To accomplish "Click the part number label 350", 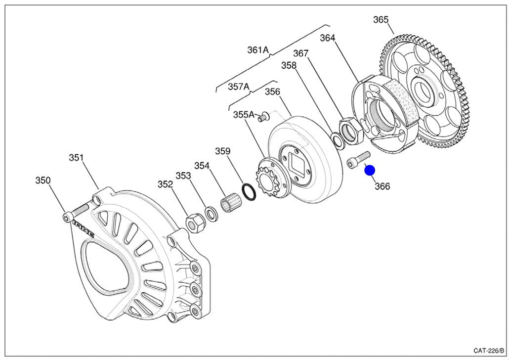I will coord(42,180).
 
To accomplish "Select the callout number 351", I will coord(76,158).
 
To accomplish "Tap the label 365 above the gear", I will coord(381,20).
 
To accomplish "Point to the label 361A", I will coord(257,50).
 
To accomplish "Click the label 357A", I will coord(238,87).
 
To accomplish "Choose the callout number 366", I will coord(382,186).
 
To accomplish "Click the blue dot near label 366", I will coord(370,171).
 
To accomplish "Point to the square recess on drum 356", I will coord(298,167).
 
